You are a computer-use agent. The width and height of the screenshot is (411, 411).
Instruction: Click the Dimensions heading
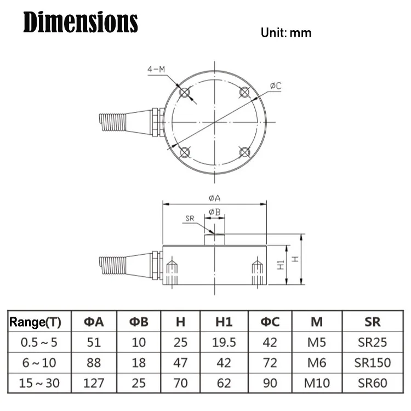(81, 22)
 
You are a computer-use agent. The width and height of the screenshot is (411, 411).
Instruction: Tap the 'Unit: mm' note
(286, 33)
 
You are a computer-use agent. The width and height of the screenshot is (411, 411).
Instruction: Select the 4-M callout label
(156, 69)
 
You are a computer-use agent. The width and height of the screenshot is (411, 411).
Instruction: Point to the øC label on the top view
(276, 85)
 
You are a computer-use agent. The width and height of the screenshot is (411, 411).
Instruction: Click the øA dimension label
(215, 198)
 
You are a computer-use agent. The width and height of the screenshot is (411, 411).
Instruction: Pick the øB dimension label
(215, 212)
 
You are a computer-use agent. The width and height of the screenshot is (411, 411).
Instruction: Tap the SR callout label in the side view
(190, 218)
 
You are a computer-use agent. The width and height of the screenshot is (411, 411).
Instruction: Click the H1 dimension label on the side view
(281, 265)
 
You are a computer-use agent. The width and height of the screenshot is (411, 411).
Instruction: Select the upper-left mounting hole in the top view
(185, 92)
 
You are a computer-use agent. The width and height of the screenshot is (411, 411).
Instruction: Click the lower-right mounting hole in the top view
(244, 152)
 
